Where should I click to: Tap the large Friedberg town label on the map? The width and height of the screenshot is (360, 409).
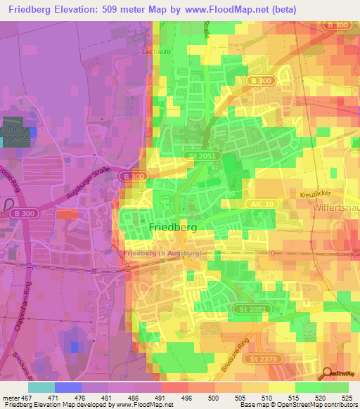pos(172,228)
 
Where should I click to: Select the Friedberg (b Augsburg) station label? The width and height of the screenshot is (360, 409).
pos(162,252)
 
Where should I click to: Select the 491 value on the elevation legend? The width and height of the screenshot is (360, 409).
pos(162,398)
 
